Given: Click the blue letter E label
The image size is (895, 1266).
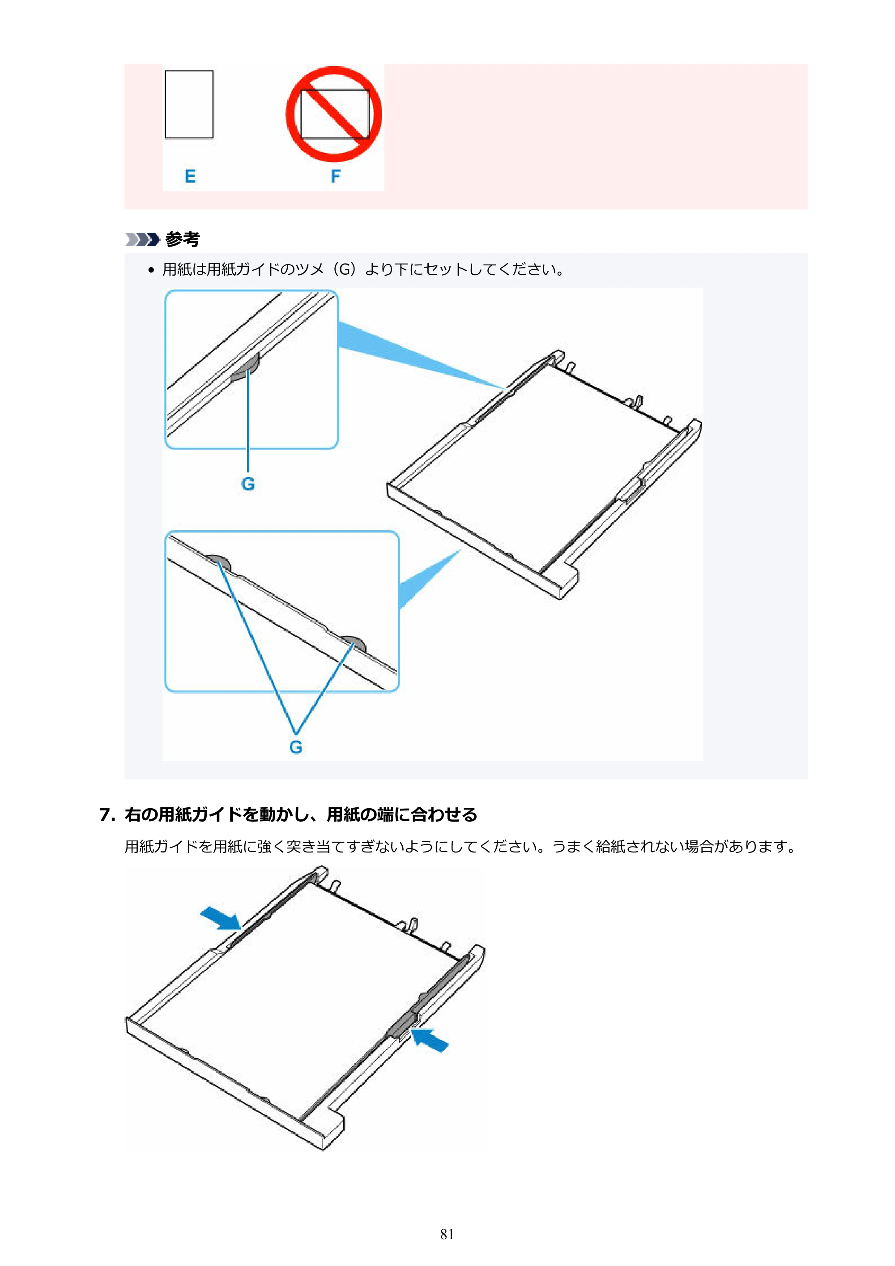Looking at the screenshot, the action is (x=190, y=176).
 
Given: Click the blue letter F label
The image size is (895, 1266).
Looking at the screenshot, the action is (x=335, y=176).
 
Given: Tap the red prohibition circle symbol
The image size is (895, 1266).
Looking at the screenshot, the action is (x=334, y=114).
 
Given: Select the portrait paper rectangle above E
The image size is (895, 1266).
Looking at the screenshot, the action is (x=189, y=104).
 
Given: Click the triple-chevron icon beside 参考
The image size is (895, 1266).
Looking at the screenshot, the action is (x=142, y=239).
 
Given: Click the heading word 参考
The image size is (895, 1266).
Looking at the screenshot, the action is (x=183, y=239).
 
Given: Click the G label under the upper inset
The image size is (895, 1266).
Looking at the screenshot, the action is (x=248, y=484).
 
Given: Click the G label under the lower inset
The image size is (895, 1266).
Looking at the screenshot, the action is (x=296, y=747).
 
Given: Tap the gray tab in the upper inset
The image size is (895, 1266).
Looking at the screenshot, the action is (x=247, y=368).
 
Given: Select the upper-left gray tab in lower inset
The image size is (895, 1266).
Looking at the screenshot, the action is (x=218, y=563).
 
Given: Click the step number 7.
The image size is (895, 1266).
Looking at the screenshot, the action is (x=107, y=815).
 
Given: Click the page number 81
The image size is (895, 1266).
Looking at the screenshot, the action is (x=447, y=1234).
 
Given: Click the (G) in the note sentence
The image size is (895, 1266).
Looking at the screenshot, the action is (x=346, y=270).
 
